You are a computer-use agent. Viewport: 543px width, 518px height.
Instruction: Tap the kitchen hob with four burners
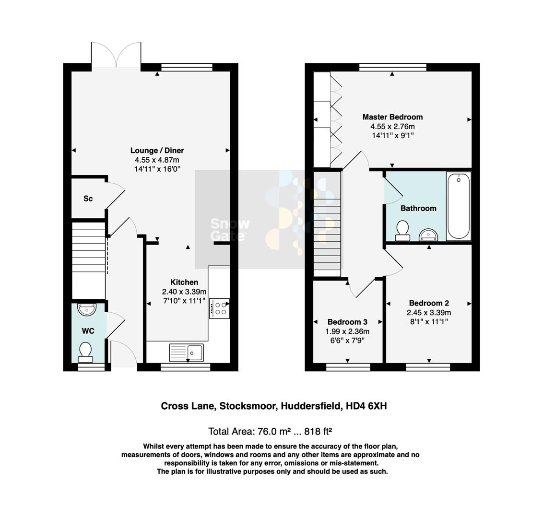click(219, 308)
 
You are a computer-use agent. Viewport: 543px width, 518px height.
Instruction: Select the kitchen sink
click(186, 353)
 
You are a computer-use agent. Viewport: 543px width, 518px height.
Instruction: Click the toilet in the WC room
click(85, 352)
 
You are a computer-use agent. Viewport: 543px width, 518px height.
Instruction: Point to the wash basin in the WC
click(86, 310)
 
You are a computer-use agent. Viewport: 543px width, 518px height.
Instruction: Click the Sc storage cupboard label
click(88, 199)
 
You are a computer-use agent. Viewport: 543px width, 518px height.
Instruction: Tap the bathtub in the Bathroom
click(458, 206)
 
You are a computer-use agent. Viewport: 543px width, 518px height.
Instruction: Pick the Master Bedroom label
click(392, 117)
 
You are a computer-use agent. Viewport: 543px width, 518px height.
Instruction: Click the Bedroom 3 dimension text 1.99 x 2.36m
click(347, 331)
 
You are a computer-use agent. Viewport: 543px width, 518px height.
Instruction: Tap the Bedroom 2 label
click(429, 303)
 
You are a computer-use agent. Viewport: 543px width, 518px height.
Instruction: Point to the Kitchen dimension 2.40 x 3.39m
click(184, 292)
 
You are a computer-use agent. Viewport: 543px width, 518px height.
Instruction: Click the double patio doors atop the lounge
click(116, 55)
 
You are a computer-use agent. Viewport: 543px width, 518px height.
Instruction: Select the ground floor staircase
click(88, 259)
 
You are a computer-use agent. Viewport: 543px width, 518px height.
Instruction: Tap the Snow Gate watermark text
click(230, 229)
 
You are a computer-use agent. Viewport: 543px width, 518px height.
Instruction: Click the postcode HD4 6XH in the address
click(366, 406)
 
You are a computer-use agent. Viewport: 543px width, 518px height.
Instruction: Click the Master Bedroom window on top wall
click(392, 67)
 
